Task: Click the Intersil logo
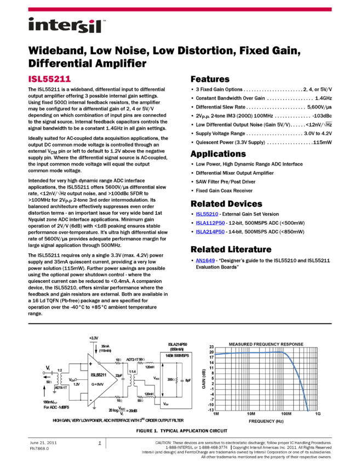tap(67, 26)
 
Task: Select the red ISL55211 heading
tap(49, 79)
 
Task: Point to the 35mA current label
tap(105, 346)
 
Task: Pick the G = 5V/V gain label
tap(100, 384)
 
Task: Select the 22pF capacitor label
tap(118, 374)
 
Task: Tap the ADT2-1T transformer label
tap(133, 360)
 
